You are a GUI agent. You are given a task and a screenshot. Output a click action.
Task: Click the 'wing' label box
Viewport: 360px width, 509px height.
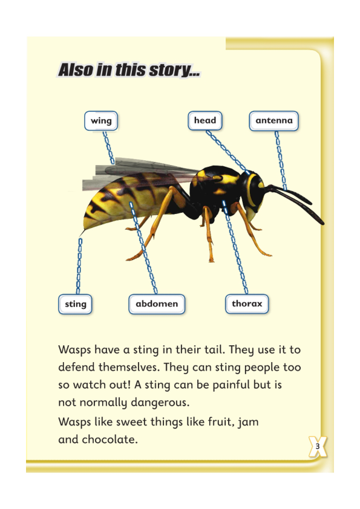click(101, 121)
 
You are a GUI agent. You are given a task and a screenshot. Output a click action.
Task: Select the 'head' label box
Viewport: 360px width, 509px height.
click(205, 120)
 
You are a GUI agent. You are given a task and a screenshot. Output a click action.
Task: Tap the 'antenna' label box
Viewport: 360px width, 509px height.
click(273, 121)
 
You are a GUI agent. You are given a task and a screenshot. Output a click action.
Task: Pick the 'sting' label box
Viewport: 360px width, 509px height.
click(76, 304)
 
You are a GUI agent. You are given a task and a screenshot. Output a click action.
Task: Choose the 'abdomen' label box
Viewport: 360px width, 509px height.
click(156, 304)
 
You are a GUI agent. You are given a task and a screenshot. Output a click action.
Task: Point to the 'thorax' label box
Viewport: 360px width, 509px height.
click(247, 303)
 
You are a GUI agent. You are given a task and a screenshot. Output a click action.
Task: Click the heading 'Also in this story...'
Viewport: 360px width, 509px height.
click(129, 70)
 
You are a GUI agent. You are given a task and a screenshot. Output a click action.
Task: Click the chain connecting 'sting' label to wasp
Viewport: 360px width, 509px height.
click(79, 266)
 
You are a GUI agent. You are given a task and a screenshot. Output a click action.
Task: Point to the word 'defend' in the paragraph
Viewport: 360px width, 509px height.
click(76, 368)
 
